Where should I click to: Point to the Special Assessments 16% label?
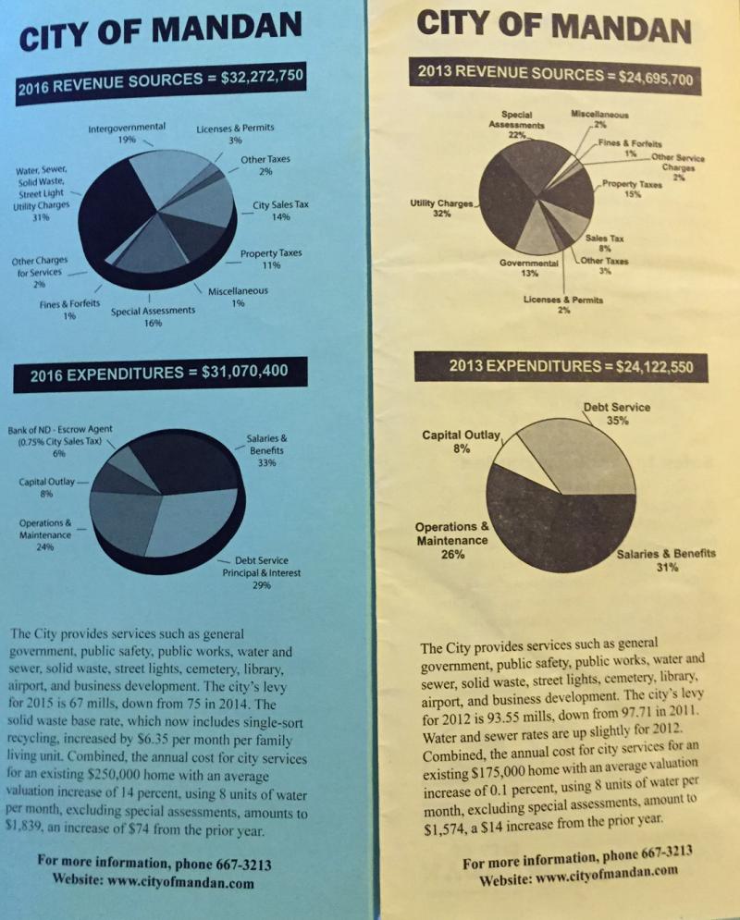click(x=153, y=317)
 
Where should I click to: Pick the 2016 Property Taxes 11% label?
click(x=270, y=259)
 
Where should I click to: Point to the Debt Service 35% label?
click(x=617, y=412)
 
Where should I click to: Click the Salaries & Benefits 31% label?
click(x=666, y=560)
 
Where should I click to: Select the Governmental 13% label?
click(x=529, y=268)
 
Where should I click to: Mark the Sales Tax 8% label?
click(x=604, y=242)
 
